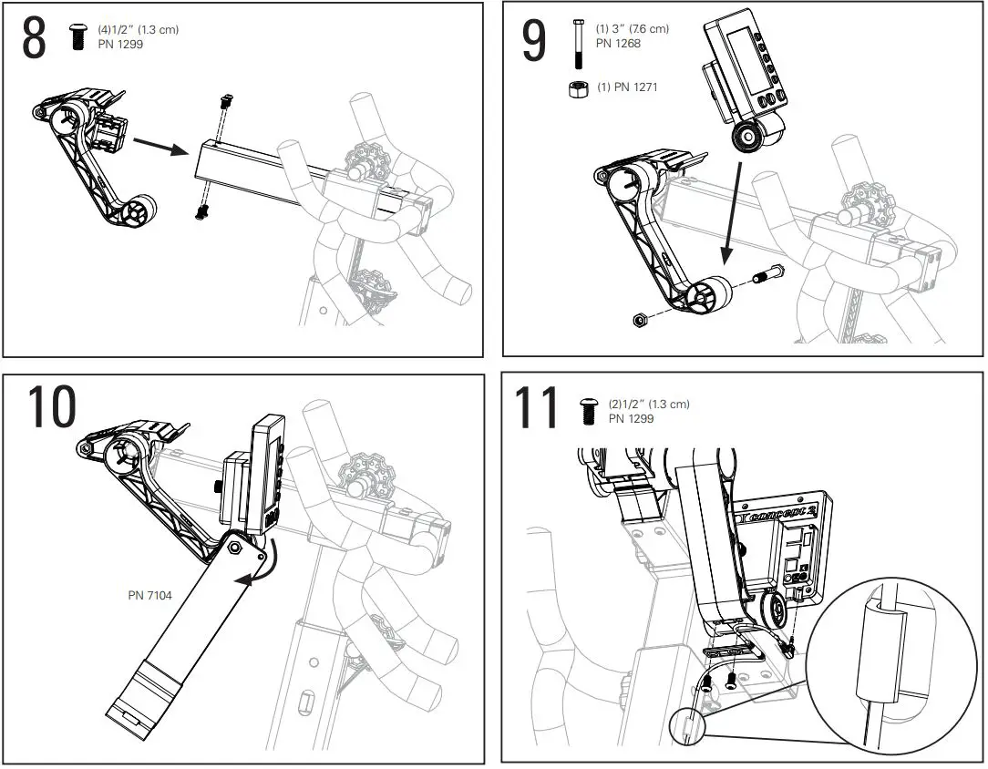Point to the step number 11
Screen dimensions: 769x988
(538, 408)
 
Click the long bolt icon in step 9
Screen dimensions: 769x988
(576, 44)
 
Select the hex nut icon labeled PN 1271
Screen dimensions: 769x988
(576, 89)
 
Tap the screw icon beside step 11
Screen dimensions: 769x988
(588, 412)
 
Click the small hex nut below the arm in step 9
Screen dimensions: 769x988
(641, 319)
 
